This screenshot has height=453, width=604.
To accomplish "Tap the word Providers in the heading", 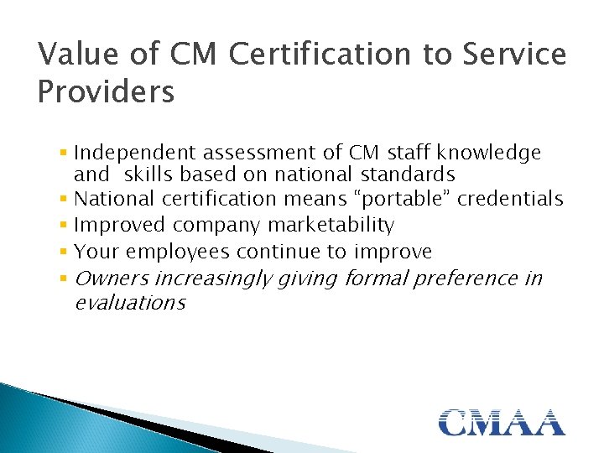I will point(107,91).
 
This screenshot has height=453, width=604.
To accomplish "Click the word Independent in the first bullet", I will point(128,153).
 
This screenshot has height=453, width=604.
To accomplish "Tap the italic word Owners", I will point(112,278).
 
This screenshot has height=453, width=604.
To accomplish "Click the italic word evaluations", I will point(130,302).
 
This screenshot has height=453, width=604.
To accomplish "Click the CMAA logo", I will point(502,421).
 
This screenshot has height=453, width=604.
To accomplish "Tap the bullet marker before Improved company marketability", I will point(65,226).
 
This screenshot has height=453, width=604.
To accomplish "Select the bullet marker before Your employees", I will point(65,252).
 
